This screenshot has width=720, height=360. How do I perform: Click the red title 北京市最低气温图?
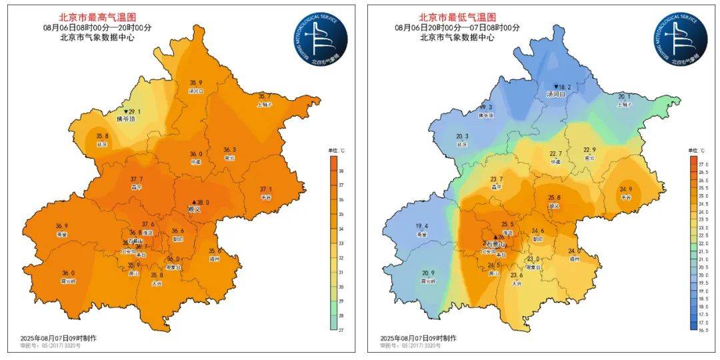tap(457, 17)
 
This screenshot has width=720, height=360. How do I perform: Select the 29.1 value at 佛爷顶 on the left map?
tap(132, 111)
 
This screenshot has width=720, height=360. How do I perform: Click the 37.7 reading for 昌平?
tap(136, 179)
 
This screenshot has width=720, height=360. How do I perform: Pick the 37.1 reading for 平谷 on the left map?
tap(266, 189)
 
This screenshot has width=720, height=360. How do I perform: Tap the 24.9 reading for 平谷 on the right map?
tap(625, 189)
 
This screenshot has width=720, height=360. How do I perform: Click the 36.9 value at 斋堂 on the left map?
tap(62, 226)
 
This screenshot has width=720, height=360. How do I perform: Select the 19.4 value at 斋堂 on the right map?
tap(421, 226)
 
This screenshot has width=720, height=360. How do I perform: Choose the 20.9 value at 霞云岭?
tap(428, 273)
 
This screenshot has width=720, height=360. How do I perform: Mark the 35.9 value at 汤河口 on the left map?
tap(195, 83)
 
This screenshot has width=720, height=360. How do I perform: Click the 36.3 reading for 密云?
tap(229, 150)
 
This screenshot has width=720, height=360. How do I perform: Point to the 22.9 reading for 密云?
tap(589, 150)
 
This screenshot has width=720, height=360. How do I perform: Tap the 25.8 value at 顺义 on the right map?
tap(553, 198)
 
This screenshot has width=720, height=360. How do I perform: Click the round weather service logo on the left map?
tap(322, 38)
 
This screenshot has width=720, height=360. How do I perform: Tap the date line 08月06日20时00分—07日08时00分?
tap(457, 27)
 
